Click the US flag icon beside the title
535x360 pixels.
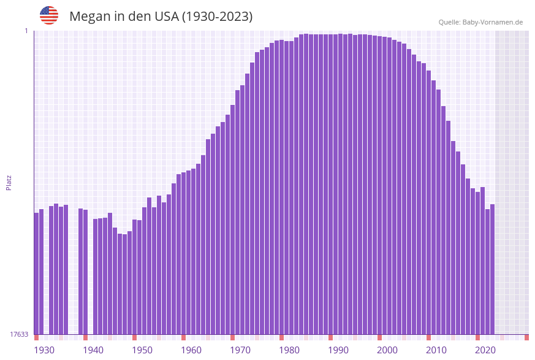point(49,15)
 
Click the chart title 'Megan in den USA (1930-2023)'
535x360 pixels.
point(161,17)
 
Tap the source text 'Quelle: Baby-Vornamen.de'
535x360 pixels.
point(480,22)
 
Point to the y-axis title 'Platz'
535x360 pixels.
point(9,182)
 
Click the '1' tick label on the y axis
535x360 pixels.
point(26,31)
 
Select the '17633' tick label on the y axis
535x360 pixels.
point(19,334)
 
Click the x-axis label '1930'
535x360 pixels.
point(44,350)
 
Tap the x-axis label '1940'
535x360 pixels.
point(93,350)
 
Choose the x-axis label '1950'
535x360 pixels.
point(142,350)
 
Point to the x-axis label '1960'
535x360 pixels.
point(191,350)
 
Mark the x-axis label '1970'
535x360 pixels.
point(240,350)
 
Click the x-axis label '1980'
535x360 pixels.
point(289,350)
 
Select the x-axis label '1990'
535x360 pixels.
point(338,350)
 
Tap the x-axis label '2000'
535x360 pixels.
point(387,350)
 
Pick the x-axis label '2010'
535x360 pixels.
point(436,350)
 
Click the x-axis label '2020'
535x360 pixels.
point(485,350)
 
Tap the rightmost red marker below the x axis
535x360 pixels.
point(526,337)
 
